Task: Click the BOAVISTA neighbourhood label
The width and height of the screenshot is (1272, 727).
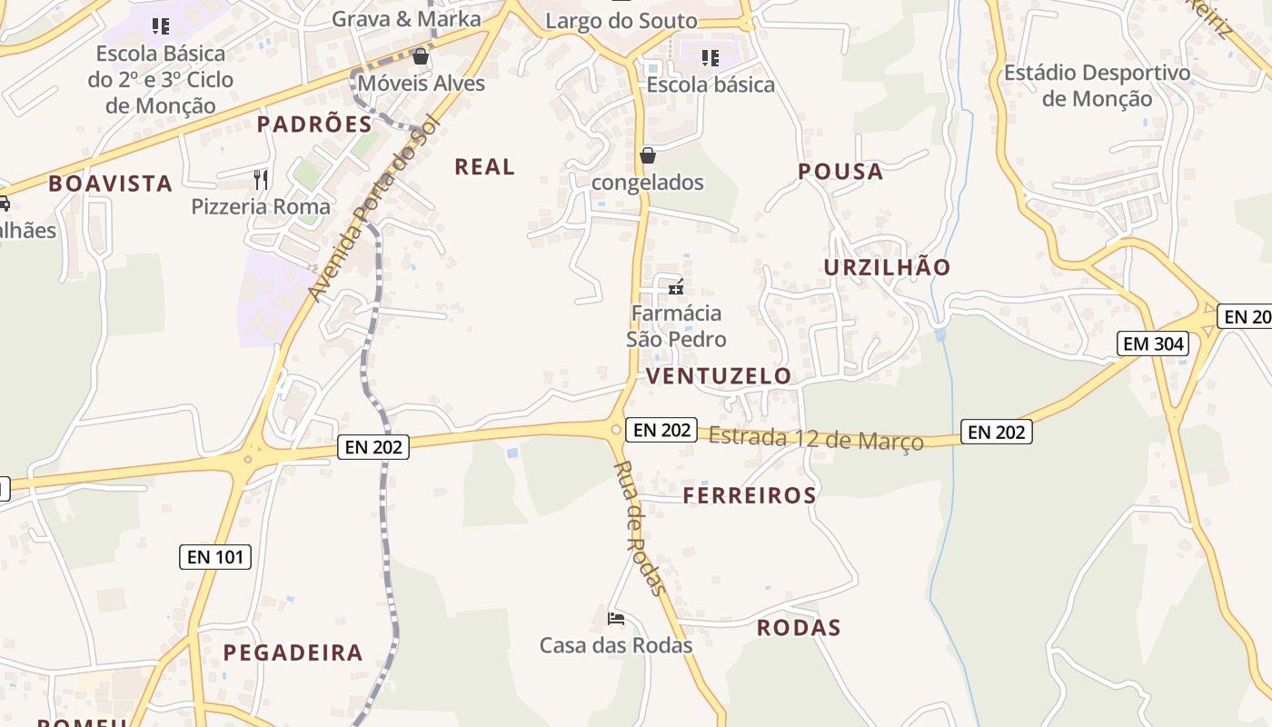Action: [110, 184]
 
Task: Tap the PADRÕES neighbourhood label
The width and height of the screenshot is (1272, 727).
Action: [314, 124]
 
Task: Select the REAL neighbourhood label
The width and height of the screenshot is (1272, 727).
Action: [484, 167]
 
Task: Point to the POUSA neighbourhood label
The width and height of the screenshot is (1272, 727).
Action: [840, 172]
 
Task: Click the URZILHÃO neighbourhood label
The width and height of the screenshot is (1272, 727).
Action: [887, 267]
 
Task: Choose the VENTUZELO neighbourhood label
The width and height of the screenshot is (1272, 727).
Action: [719, 376]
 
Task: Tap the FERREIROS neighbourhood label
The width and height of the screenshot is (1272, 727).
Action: [750, 495]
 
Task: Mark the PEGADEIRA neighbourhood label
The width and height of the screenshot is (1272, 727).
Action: [293, 652]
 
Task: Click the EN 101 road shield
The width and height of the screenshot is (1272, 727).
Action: [214, 556]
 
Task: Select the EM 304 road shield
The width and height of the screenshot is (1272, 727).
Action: [1153, 344]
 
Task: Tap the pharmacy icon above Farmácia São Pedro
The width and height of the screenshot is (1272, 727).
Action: [675, 288]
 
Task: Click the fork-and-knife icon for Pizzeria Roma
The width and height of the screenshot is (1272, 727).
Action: [262, 179]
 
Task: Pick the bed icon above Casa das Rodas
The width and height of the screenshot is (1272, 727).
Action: [616, 620]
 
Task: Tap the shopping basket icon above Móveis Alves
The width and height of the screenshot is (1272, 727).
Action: [420, 57]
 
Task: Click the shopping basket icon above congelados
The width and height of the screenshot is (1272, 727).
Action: [648, 155]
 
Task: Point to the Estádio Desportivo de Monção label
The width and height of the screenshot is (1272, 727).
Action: [1097, 85]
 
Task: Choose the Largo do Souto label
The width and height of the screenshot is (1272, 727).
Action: [621, 20]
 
